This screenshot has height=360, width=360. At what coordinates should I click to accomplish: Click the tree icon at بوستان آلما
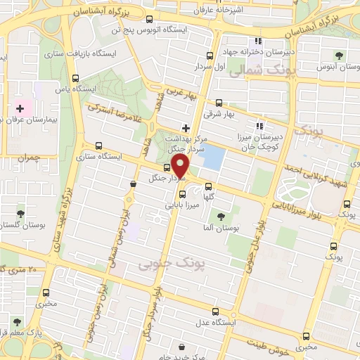tap(221, 217)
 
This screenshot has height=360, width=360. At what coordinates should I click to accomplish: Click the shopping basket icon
tap(133, 184)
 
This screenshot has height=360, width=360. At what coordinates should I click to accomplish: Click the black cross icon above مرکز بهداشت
tap(186, 128)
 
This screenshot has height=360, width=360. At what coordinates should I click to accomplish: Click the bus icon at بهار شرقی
tap(219, 103)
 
